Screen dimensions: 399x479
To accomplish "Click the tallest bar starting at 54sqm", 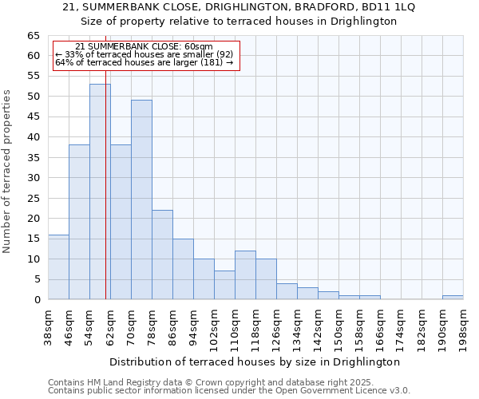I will (x=100, y=192).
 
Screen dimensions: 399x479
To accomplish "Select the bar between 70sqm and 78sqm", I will (x=141, y=199).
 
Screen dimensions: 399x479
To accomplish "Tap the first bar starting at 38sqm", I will (x=58, y=267).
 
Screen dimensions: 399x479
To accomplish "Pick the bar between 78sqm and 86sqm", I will (x=162, y=255).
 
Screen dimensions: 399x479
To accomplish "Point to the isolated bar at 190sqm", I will (x=453, y=298).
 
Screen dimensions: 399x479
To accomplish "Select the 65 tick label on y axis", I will (x=33, y=36).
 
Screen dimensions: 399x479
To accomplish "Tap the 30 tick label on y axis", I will (x=33, y=178).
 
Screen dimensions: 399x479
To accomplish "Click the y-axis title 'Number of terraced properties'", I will (x=7, y=172).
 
